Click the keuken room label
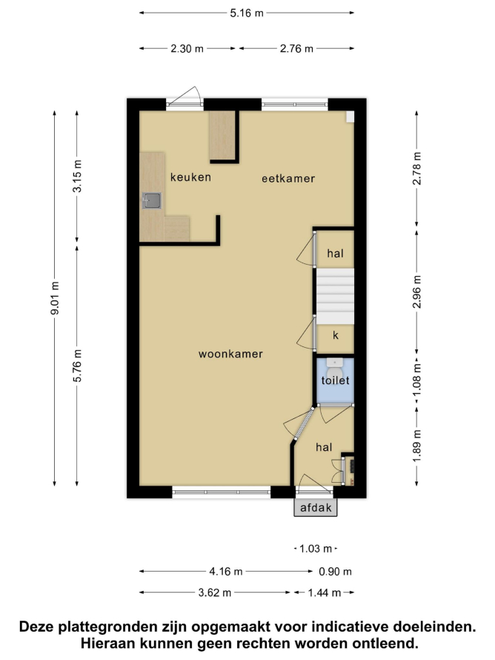[x=190, y=177]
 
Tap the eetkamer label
[x=288, y=179]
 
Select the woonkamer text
[x=230, y=354]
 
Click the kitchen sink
[x=151, y=201]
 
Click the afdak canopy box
[x=316, y=507]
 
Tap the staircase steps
[x=335, y=297]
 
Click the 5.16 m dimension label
[x=247, y=13]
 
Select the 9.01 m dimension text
[x=55, y=298]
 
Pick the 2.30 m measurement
[x=187, y=49]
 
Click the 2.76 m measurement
[x=296, y=49]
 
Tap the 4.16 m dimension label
[x=226, y=572]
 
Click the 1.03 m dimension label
[x=316, y=549]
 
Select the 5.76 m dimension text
[x=77, y=366]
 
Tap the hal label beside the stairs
[x=335, y=254]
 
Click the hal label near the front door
[x=324, y=447]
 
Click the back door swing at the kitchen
[x=185, y=96]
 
